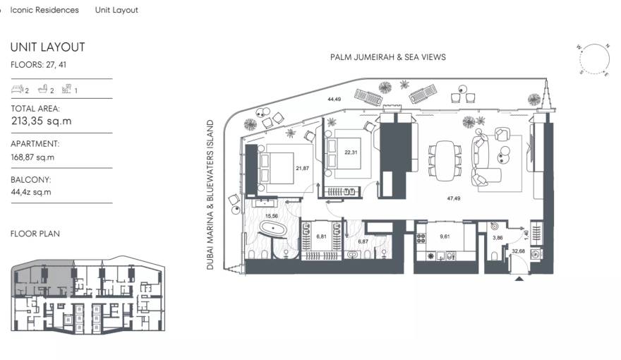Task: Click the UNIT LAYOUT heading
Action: click(47, 47)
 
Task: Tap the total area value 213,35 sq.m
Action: click(42, 121)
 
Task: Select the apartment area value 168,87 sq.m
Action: click(32, 157)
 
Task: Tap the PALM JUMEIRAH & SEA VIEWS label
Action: click(387, 57)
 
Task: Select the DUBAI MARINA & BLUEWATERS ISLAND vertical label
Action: click(210, 195)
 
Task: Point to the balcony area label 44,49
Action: click(334, 100)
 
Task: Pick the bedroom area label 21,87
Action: click(303, 168)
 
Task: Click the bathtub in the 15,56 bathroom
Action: click(271, 228)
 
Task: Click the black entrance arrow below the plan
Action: click(520, 280)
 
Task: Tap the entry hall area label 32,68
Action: click(518, 251)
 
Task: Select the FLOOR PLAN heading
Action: click(35, 233)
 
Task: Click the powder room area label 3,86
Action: click(497, 239)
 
